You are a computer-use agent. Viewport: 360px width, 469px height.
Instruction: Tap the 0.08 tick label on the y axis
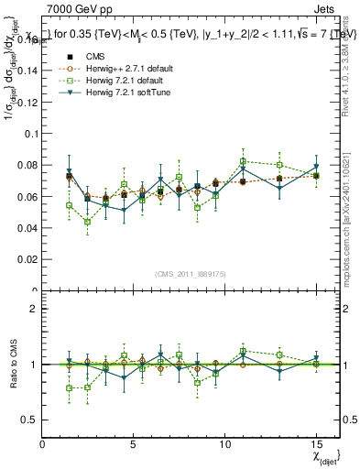point(27,165)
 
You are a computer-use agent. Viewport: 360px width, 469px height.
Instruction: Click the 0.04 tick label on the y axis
point(27,228)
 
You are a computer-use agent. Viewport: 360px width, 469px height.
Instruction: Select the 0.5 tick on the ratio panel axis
point(29,420)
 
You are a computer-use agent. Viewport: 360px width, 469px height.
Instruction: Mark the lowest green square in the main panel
point(87,222)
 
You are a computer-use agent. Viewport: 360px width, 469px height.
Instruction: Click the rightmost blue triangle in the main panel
point(316,167)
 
